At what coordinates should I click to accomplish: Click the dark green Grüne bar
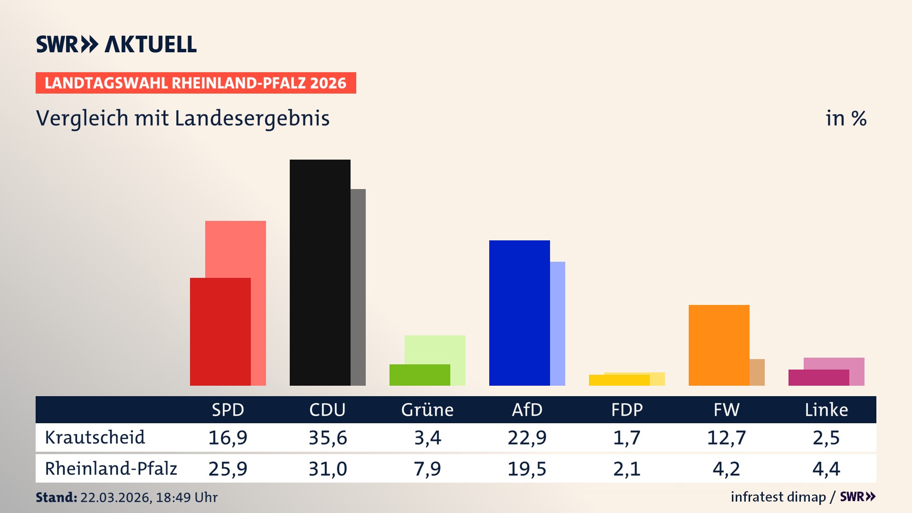click(419, 375)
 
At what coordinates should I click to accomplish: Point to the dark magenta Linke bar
click(818, 378)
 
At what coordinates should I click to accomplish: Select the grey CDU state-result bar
click(358, 287)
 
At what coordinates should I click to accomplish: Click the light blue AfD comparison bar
click(558, 323)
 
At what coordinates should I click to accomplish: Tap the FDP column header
click(627, 409)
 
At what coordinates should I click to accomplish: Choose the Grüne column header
click(427, 409)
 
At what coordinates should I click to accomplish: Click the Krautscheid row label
click(95, 437)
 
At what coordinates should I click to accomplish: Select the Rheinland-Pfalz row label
click(111, 469)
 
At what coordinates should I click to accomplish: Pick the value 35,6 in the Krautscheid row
click(328, 437)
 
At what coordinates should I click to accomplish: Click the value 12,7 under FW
click(726, 437)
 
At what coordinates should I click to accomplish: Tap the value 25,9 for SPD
click(228, 469)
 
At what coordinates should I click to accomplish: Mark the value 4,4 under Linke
click(826, 469)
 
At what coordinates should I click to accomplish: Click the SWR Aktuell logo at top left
click(116, 44)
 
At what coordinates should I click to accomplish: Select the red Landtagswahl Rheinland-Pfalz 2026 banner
click(196, 83)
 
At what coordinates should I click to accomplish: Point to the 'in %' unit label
click(845, 118)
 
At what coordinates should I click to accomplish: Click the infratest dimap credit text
click(778, 497)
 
